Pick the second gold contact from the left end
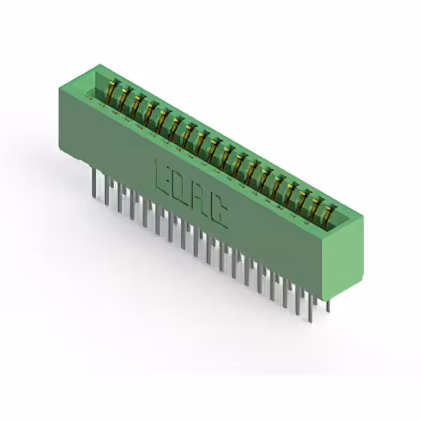tap(125, 98)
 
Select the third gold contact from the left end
tap(139, 105)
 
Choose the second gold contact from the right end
tap(317, 209)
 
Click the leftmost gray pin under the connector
tap(94, 183)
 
